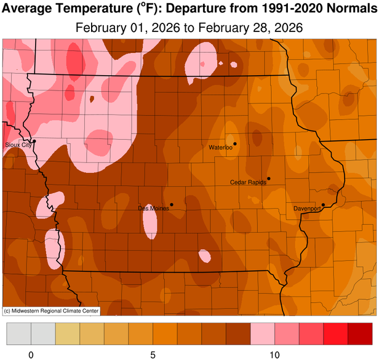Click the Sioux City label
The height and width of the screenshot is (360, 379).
click(x=17, y=145)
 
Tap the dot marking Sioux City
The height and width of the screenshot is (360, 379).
click(x=34, y=141)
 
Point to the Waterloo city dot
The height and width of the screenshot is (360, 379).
click(x=235, y=144)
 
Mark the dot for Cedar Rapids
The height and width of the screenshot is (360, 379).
click(x=268, y=178)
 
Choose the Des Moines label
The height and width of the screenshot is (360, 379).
click(x=153, y=209)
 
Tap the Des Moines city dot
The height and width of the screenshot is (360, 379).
click(x=172, y=204)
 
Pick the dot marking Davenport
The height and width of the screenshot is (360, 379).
click(x=324, y=205)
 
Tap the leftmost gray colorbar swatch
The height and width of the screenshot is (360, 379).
click(x=18, y=335)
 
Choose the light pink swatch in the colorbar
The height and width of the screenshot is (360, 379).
click(x=262, y=335)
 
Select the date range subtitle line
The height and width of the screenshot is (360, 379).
click(x=189, y=28)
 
